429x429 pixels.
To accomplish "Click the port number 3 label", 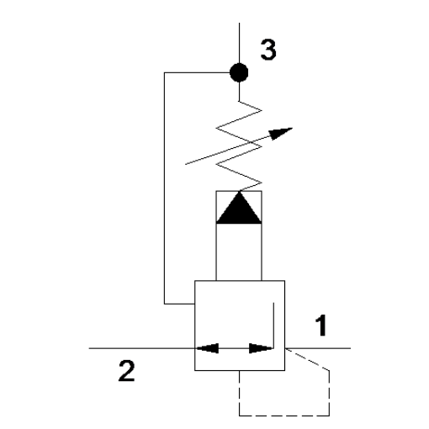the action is [x=268, y=50].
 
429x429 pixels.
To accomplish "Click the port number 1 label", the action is [x=321, y=326].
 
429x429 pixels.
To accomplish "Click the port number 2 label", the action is [x=126, y=371].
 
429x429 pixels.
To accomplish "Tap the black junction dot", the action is [x=239, y=72].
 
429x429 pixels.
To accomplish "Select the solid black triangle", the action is [x=239, y=208].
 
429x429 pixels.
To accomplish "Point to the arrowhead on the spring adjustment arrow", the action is [x=280, y=133].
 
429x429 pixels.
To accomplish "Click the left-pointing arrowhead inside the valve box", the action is [x=208, y=348].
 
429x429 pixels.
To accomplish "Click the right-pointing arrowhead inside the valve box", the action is [x=261, y=348].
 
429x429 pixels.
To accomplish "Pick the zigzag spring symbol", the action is [x=239, y=146].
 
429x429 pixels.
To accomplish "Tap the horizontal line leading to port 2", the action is [x=142, y=348].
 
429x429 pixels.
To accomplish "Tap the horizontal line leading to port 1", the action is [x=318, y=348].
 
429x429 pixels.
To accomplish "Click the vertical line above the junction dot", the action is [x=239, y=43].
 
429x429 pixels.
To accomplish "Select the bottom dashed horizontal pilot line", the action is [x=284, y=416].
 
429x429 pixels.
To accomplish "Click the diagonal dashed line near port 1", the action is [x=307, y=359].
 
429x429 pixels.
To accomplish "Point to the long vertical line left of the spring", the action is [x=164, y=188].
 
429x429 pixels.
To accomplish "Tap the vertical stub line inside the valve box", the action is [x=273, y=326].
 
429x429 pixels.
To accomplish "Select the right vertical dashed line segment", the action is [x=329, y=393].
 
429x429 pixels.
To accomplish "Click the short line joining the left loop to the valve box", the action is [x=179, y=304].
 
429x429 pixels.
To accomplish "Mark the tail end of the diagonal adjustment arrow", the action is [x=186, y=164].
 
